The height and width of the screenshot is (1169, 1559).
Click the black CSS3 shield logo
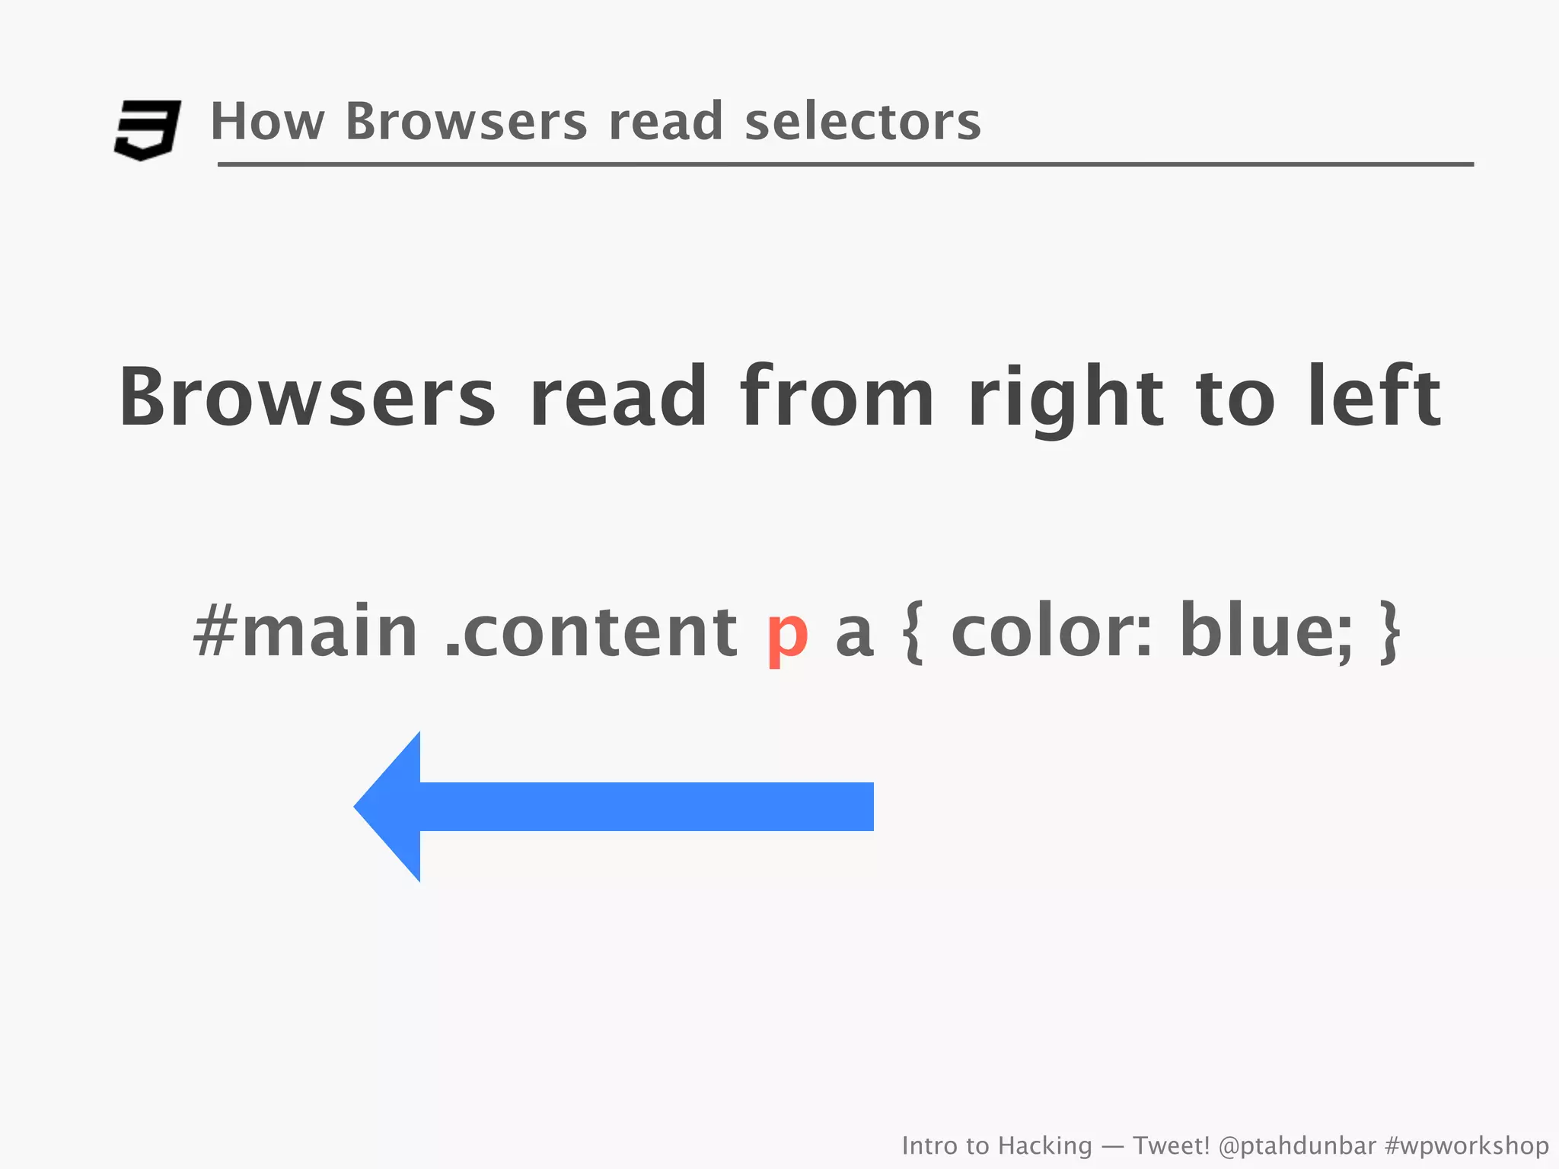(x=147, y=129)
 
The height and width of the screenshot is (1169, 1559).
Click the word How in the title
(x=267, y=122)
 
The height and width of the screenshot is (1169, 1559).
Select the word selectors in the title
(x=862, y=122)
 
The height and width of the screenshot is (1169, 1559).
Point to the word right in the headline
(x=1065, y=398)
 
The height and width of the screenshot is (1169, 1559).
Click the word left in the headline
(x=1373, y=397)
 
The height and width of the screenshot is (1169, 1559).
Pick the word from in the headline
(x=837, y=397)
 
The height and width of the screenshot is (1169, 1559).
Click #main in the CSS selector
(x=305, y=631)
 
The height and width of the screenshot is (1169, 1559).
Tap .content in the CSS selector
(x=591, y=631)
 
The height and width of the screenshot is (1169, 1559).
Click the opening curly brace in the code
(x=913, y=632)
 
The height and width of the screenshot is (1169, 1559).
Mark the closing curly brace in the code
(x=1390, y=632)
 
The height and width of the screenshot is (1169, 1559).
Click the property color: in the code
(x=1051, y=631)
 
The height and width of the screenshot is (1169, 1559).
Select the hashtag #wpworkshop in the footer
(x=1466, y=1145)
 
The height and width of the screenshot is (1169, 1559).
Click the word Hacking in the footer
(x=1044, y=1145)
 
